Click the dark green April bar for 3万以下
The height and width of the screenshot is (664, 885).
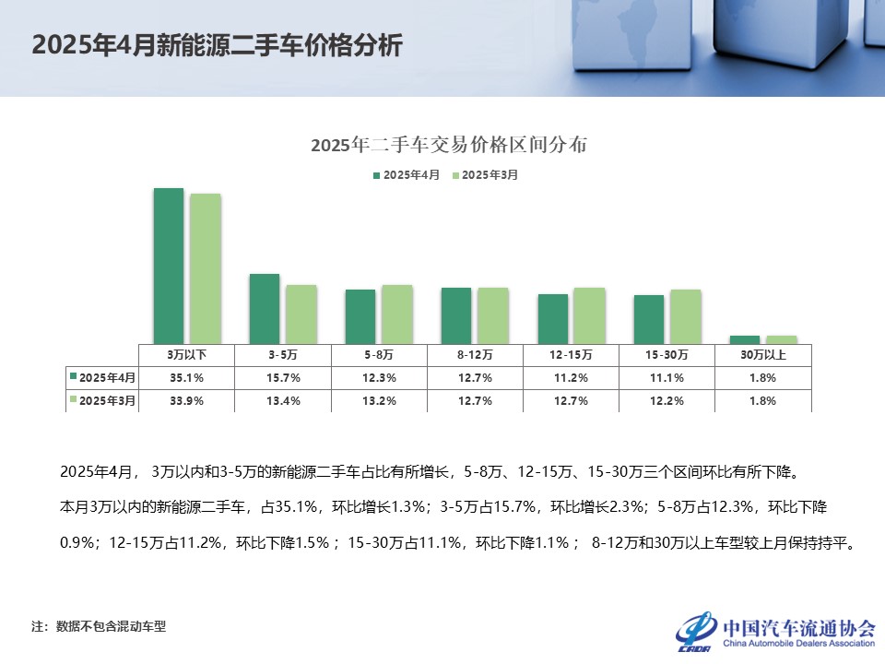coord(168,266)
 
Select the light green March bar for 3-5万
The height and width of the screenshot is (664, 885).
coord(301,314)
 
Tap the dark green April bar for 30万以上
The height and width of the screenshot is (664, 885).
coord(745,339)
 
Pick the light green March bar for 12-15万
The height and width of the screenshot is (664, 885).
coord(589,315)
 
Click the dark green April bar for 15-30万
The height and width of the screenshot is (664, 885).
coord(648,319)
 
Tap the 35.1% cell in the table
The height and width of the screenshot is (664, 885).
coord(187,377)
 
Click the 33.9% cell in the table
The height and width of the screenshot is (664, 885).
coord(187,400)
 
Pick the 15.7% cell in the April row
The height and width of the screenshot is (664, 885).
coord(283,377)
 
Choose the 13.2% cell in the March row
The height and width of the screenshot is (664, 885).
coord(379,400)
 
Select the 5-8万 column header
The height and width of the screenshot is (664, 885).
coord(379,354)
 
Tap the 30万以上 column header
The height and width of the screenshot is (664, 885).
coord(762,354)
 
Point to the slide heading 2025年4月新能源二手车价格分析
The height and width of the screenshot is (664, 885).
coord(217,45)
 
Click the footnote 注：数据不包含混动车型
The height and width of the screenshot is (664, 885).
coord(99,626)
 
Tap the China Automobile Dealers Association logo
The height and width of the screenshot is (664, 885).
coord(774,630)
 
